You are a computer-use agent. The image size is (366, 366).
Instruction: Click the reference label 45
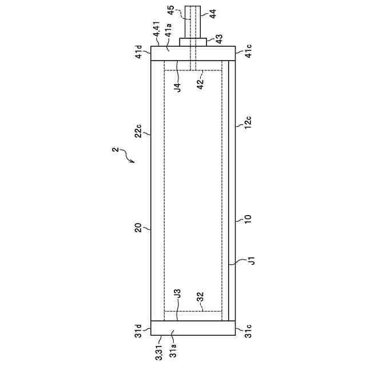(171, 10)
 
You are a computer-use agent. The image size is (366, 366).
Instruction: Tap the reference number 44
(213, 14)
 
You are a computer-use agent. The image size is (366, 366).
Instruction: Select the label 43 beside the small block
(219, 39)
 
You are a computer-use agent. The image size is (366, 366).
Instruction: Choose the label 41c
(249, 51)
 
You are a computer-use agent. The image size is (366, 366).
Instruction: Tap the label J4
(178, 87)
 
